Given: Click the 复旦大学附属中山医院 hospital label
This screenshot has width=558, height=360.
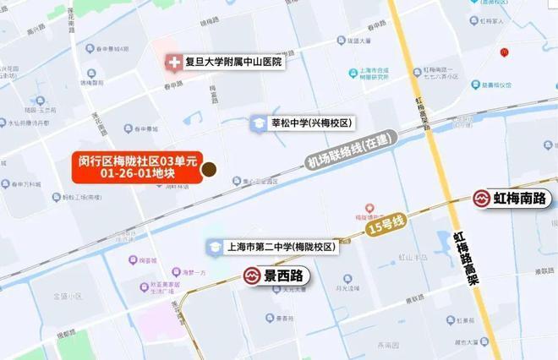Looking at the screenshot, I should (x=233, y=62).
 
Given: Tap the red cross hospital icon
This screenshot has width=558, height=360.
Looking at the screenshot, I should (x=173, y=62).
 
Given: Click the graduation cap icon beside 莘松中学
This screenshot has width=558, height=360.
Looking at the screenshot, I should (x=256, y=123).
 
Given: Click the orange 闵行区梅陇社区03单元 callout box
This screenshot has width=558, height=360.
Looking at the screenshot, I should (x=137, y=166).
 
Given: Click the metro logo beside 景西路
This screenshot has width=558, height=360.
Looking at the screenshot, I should (x=252, y=275).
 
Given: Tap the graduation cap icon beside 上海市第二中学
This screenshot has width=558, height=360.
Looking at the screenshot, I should (x=214, y=248).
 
